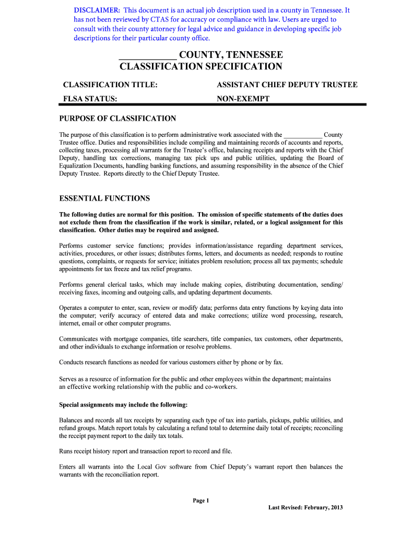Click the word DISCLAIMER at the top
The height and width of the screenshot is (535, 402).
[97, 10]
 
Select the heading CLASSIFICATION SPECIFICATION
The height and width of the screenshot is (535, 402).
[201, 66]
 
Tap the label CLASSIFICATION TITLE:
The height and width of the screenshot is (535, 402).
[110, 85]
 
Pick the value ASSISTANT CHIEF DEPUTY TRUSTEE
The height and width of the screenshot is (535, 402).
[287, 85]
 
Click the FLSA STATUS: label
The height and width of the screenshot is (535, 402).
[90, 99]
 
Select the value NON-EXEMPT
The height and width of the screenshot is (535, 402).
[243, 99]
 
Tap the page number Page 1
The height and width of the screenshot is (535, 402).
[201, 501]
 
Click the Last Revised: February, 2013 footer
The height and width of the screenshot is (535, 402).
[305, 507]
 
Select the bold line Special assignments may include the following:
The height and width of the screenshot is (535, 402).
[123, 405]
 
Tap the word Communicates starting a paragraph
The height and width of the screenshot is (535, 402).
[78, 339]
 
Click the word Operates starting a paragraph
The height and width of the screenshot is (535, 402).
[72, 308]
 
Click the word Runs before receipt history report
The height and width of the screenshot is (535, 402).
[66, 451]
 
